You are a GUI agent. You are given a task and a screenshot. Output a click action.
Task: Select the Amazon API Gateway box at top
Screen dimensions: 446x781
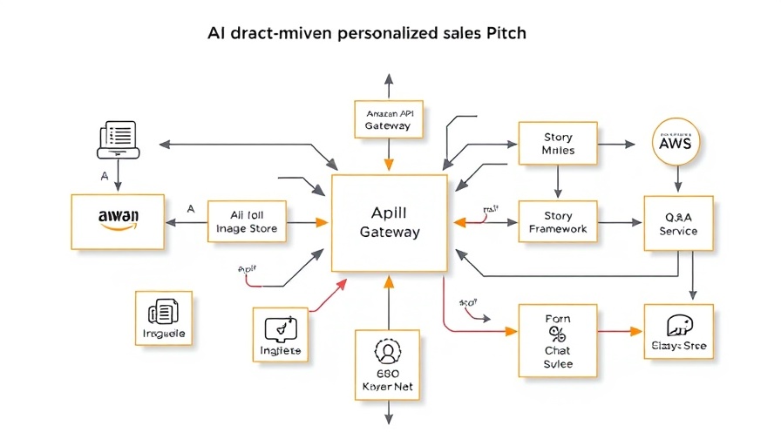(388, 119)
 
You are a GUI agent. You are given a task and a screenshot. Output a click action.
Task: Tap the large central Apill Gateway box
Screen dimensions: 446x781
(389, 222)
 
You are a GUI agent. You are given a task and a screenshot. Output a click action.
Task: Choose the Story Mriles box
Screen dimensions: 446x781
(558, 143)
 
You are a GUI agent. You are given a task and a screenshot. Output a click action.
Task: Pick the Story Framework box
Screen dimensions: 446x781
(558, 222)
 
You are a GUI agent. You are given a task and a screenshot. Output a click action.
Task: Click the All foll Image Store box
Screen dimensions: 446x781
(247, 222)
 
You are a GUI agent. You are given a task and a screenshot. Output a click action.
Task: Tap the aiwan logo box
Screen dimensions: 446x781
(117, 220)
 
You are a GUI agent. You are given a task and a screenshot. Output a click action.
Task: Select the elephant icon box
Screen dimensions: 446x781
(678, 332)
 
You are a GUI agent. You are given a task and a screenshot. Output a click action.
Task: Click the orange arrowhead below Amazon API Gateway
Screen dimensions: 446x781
(389, 165)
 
